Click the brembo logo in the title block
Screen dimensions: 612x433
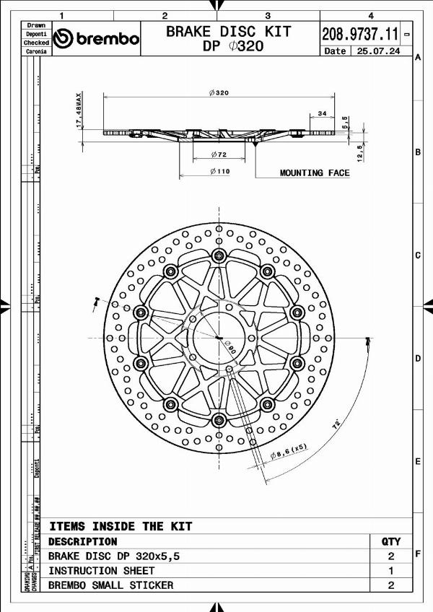click(97, 38)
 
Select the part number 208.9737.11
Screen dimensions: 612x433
click(359, 33)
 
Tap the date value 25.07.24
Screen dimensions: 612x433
click(380, 51)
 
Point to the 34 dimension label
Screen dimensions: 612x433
click(321, 113)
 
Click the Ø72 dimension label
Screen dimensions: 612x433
click(219, 155)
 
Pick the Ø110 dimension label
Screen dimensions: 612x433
click(219, 171)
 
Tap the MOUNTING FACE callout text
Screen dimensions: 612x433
click(315, 173)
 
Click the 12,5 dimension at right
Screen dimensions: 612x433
click(359, 153)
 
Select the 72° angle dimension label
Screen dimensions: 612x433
click(337, 426)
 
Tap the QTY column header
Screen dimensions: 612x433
click(390, 541)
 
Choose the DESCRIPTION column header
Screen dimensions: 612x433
click(82, 541)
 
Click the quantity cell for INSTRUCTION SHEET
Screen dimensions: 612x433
click(390, 571)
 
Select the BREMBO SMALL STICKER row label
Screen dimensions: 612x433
click(110, 585)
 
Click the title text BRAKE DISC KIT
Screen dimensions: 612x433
click(229, 31)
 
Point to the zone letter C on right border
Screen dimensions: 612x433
click(418, 255)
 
